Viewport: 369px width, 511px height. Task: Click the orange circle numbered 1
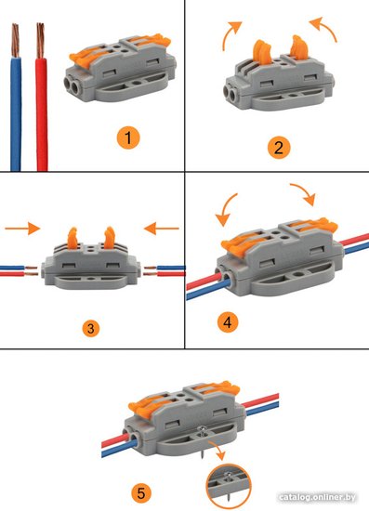click(128, 138)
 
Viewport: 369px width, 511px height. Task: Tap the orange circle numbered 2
click(279, 148)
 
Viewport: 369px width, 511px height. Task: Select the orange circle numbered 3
click(90, 329)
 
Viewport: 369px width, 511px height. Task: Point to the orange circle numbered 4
click(228, 322)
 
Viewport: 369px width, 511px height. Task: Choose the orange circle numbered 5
click(141, 493)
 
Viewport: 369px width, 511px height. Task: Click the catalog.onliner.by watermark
click(317, 498)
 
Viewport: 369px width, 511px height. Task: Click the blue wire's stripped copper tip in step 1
click(15, 40)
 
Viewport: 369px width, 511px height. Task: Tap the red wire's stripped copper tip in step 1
click(40, 40)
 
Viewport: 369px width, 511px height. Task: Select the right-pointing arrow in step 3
click(22, 229)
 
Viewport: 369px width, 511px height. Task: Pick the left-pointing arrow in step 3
click(162, 229)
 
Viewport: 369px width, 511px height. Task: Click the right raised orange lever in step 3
click(110, 237)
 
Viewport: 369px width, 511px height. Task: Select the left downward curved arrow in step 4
click(225, 210)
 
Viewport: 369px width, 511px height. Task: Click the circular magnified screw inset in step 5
click(229, 486)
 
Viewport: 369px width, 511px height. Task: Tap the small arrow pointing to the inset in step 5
click(217, 450)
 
